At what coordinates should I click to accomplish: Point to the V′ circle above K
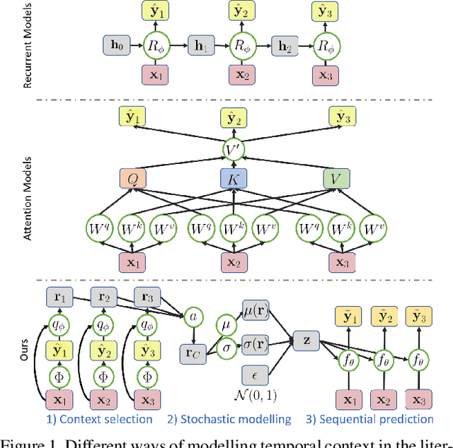point(234,148)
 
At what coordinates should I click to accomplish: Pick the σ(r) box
point(255,343)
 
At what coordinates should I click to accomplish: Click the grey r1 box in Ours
point(59,297)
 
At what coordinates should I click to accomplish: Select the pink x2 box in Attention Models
point(234,261)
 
